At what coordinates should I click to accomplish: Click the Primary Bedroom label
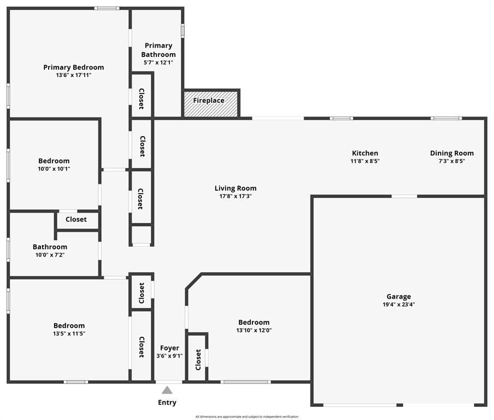point(74,67)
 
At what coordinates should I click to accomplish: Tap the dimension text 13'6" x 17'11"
point(74,75)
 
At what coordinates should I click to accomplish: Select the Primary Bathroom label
point(158,50)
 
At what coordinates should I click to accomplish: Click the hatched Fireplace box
point(211,103)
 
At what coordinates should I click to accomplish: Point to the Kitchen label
point(365,153)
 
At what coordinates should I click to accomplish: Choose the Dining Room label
point(452,153)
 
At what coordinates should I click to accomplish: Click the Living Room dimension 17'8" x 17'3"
point(236,196)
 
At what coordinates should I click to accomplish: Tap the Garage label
point(399,296)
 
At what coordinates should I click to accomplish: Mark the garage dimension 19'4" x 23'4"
point(399,305)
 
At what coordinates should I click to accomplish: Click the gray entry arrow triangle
point(167,390)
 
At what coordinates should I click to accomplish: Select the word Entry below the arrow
point(167,402)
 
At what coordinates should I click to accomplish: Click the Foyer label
point(169,348)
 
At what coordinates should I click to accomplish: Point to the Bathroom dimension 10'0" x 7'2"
point(50,255)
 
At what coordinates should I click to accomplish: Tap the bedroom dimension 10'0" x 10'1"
point(54,168)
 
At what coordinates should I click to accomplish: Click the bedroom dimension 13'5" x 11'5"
point(69,333)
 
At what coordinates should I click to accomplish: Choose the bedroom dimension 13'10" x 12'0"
point(254,330)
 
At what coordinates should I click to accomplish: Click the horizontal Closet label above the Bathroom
point(76,219)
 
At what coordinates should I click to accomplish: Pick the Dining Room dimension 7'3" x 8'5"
point(452,161)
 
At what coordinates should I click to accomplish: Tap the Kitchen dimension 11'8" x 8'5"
point(365,161)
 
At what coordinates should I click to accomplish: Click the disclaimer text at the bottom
point(247,417)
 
